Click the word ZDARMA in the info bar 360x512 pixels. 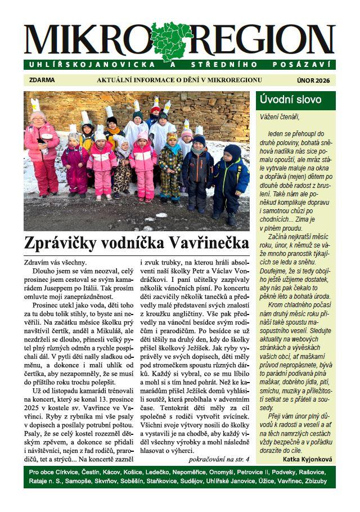tap(42, 80)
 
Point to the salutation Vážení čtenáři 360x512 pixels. tap(280, 117)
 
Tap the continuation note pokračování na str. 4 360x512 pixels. tap(219, 459)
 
